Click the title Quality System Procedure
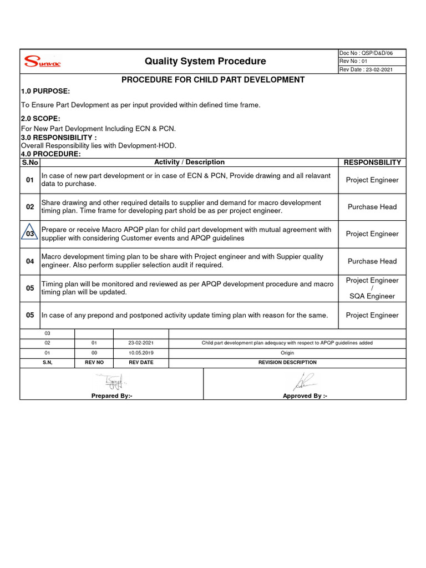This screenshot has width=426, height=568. click(x=205, y=61)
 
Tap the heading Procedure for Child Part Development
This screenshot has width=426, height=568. click(x=213, y=80)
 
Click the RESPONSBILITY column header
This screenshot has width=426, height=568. click(x=372, y=162)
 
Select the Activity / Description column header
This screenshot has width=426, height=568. click(x=189, y=162)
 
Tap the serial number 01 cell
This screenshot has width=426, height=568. click(x=30, y=180)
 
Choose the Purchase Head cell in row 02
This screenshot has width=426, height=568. click(x=372, y=207)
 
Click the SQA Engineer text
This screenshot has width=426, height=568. click(x=372, y=296)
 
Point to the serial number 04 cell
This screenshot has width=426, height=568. click(x=30, y=261)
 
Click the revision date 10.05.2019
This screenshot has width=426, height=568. click(x=141, y=353)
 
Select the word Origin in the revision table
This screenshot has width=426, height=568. click(x=287, y=353)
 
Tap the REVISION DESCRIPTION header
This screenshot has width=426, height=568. click(x=287, y=362)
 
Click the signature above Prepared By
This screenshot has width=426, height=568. click(x=111, y=382)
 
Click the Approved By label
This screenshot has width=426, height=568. click(x=305, y=396)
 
